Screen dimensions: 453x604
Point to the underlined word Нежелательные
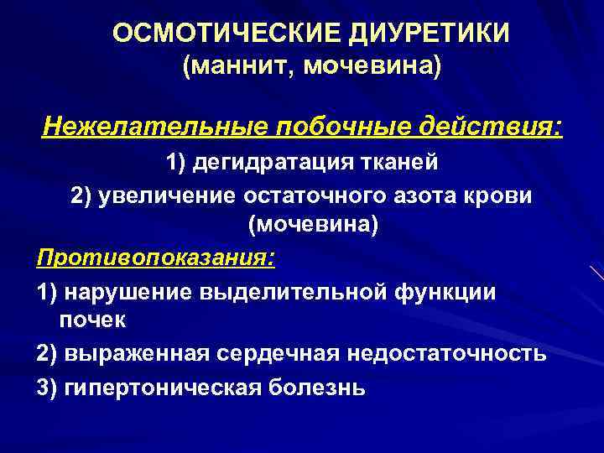pos(151,128)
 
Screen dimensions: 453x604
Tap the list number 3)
pos(48,387)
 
